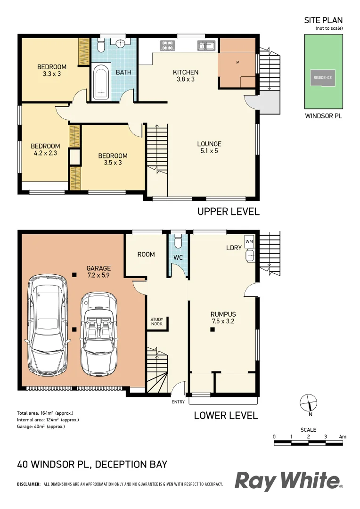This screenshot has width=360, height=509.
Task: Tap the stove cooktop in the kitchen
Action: tap(168, 45)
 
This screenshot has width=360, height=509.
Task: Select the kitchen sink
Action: tap(206, 46)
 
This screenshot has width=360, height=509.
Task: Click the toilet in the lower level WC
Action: tap(178, 242)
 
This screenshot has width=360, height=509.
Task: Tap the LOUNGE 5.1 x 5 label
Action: tap(209, 148)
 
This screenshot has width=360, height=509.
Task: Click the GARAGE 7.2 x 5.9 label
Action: tap(98, 272)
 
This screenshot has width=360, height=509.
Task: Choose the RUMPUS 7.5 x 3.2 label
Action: tap(223, 318)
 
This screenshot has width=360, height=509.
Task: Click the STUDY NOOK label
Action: tap(157, 322)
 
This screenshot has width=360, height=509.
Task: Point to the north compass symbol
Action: tap(309, 403)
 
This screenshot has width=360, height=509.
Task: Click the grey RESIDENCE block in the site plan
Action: tap(323, 78)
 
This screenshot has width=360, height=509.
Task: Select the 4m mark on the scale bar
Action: tap(343, 437)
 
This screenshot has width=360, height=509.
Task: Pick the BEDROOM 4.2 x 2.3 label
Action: tap(46, 149)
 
